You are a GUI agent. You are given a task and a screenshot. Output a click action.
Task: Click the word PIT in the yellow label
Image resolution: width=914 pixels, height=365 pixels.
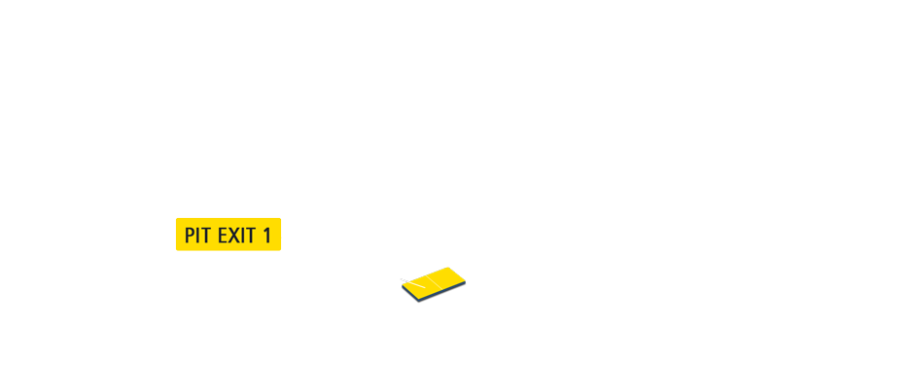197,235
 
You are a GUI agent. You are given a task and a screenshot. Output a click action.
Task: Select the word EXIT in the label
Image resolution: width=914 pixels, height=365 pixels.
235,235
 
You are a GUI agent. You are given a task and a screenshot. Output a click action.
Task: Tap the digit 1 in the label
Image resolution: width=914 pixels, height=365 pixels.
266,235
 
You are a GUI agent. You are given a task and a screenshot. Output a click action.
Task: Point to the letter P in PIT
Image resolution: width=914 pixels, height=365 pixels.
190,235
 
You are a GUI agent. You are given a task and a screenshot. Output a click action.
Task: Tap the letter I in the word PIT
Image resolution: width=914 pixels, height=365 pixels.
198,235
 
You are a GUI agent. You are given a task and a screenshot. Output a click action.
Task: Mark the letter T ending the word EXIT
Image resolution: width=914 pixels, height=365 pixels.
249,235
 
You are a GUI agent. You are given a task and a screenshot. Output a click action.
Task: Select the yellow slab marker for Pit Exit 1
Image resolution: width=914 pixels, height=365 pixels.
435,282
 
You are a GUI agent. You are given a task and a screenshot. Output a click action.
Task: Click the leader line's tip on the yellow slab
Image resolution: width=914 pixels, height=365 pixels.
424,286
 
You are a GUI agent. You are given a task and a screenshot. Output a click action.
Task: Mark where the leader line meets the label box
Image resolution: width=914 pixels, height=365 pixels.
282,237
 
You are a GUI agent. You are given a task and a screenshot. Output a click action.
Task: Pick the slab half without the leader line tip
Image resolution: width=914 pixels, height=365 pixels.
447,278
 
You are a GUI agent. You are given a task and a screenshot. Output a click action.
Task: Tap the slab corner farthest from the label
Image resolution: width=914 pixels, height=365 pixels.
465,281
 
